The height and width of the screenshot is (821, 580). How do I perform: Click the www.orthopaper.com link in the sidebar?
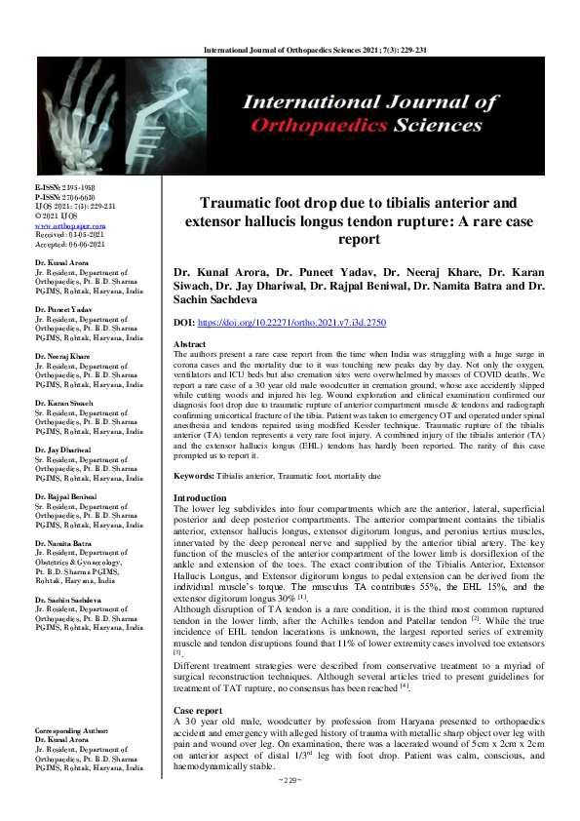click(63, 222)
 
